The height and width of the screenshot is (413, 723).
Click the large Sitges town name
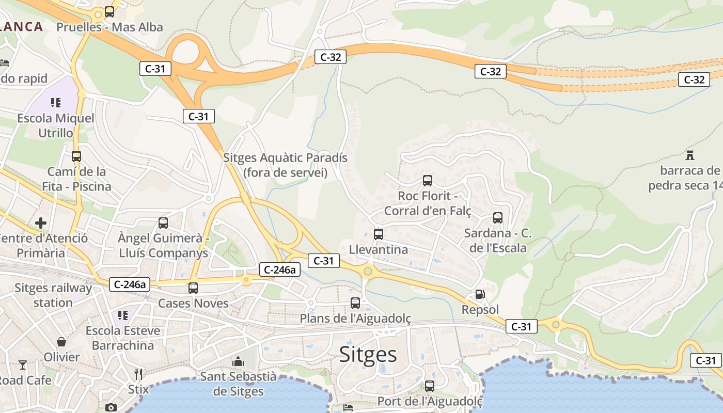click(368, 355)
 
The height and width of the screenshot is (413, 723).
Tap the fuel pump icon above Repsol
click(480, 294)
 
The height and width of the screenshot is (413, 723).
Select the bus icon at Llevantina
click(379, 234)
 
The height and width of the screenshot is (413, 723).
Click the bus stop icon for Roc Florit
click(428, 181)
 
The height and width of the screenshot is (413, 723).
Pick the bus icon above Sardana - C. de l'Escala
click(498, 218)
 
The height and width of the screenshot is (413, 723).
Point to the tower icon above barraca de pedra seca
click(689, 155)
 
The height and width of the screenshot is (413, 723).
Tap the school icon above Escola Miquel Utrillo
click(56, 103)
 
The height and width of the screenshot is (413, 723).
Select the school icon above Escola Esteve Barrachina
click(123, 315)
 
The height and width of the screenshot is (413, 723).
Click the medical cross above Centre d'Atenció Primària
click(41, 223)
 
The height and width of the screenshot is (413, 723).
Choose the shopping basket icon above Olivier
click(61, 342)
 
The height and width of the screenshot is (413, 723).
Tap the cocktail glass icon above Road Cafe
click(23, 365)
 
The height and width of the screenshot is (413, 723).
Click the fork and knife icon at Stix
click(138, 374)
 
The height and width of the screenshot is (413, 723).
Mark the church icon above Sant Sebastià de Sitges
click(238, 361)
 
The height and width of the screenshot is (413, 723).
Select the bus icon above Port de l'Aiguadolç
click(430, 386)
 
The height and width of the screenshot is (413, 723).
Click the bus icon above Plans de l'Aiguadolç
click(355, 303)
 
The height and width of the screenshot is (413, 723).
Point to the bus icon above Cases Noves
click(193, 288)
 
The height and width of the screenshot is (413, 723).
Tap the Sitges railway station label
click(53, 295)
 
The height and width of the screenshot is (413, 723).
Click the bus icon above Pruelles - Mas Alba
click(109, 11)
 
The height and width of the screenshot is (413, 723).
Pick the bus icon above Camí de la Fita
click(76, 156)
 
